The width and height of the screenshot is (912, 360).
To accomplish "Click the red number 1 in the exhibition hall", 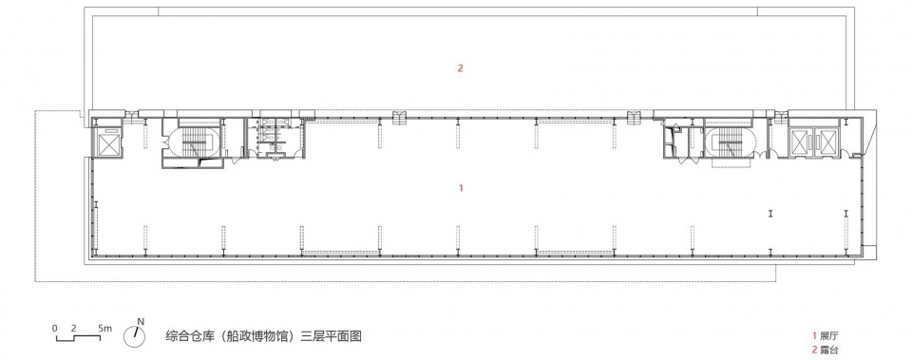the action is (x=462, y=188).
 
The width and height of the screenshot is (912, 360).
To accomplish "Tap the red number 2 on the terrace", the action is (x=460, y=68).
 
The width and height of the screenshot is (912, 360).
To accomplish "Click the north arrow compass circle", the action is (x=134, y=336).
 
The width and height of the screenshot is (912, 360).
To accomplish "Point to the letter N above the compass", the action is (x=141, y=321).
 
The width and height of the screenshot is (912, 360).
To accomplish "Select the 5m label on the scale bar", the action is (x=105, y=328).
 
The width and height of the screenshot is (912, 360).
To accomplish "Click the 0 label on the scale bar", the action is (x=55, y=328).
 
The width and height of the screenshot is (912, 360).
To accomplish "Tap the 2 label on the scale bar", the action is (x=74, y=328).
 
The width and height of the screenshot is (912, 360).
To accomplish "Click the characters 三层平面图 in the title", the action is (x=331, y=336).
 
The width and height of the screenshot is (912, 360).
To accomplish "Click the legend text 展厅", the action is (x=829, y=335).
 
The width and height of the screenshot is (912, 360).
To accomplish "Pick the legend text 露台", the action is (x=829, y=350).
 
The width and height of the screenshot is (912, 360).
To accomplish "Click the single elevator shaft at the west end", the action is (x=108, y=143).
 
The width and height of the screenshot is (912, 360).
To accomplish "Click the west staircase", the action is (x=193, y=142).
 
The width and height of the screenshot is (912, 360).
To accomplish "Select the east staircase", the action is (x=730, y=142).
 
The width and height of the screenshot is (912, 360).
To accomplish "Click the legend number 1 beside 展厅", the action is (x=814, y=335).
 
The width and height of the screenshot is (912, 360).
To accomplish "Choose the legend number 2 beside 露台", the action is (x=814, y=350).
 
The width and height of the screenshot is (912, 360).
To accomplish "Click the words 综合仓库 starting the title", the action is (x=190, y=336).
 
